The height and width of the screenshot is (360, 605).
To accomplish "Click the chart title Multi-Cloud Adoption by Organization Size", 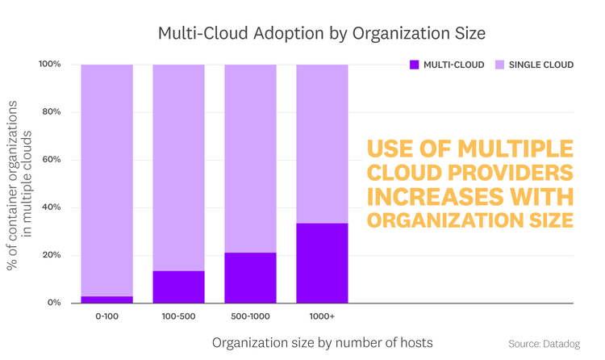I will click(x=321, y=33).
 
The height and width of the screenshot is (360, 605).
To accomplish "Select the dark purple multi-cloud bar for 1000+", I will click(x=322, y=263).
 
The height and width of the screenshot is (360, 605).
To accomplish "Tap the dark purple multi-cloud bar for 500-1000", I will click(x=250, y=278).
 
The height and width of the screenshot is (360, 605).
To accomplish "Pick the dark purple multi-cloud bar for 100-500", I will click(x=178, y=287).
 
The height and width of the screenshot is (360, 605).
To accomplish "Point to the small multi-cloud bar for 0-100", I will click(x=106, y=299).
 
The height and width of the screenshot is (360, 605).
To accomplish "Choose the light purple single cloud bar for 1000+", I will click(x=322, y=144).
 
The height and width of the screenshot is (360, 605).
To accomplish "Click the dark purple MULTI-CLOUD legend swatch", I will click(x=415, y=65).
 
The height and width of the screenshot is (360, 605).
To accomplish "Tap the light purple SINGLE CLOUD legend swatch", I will click(x=499, y=65).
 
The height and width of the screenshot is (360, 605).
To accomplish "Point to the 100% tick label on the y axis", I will click(x=49, y=65).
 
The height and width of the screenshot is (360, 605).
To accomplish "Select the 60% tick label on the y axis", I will click(x=52, y=160).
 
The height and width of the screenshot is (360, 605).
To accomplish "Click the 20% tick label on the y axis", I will click(x=52, y=255).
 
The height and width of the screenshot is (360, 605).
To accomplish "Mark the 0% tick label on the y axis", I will click(x=54, y=303).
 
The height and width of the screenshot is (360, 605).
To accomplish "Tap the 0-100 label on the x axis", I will click(x=106, y=316).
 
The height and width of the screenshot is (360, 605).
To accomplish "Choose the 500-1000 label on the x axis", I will click(x=250, y=316).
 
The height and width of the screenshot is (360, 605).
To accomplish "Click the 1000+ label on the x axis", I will click(x=322, y=316).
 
